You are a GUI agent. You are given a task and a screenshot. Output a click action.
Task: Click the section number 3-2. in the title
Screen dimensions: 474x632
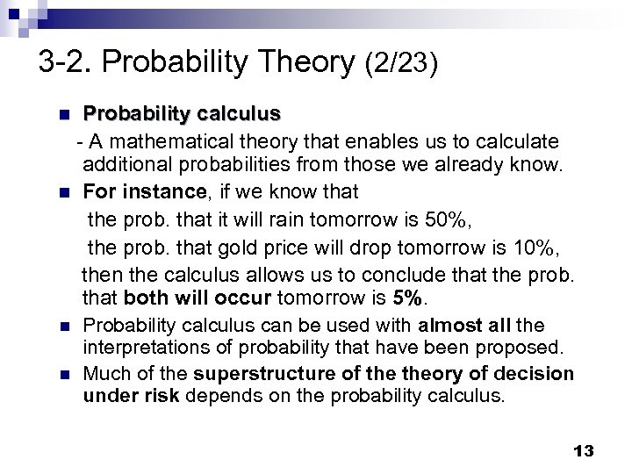tap(68, 62)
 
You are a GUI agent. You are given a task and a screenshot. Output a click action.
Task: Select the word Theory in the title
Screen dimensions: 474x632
tap(302, 62)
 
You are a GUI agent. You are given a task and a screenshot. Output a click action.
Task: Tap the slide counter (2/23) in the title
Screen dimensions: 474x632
tap(400, 62)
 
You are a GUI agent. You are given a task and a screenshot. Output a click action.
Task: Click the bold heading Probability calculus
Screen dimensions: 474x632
tap(182, 114)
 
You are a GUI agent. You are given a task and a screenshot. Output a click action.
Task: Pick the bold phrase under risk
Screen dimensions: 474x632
tap(130, 396)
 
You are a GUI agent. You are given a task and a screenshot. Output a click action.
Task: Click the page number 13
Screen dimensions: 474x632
tap(584, 451)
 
